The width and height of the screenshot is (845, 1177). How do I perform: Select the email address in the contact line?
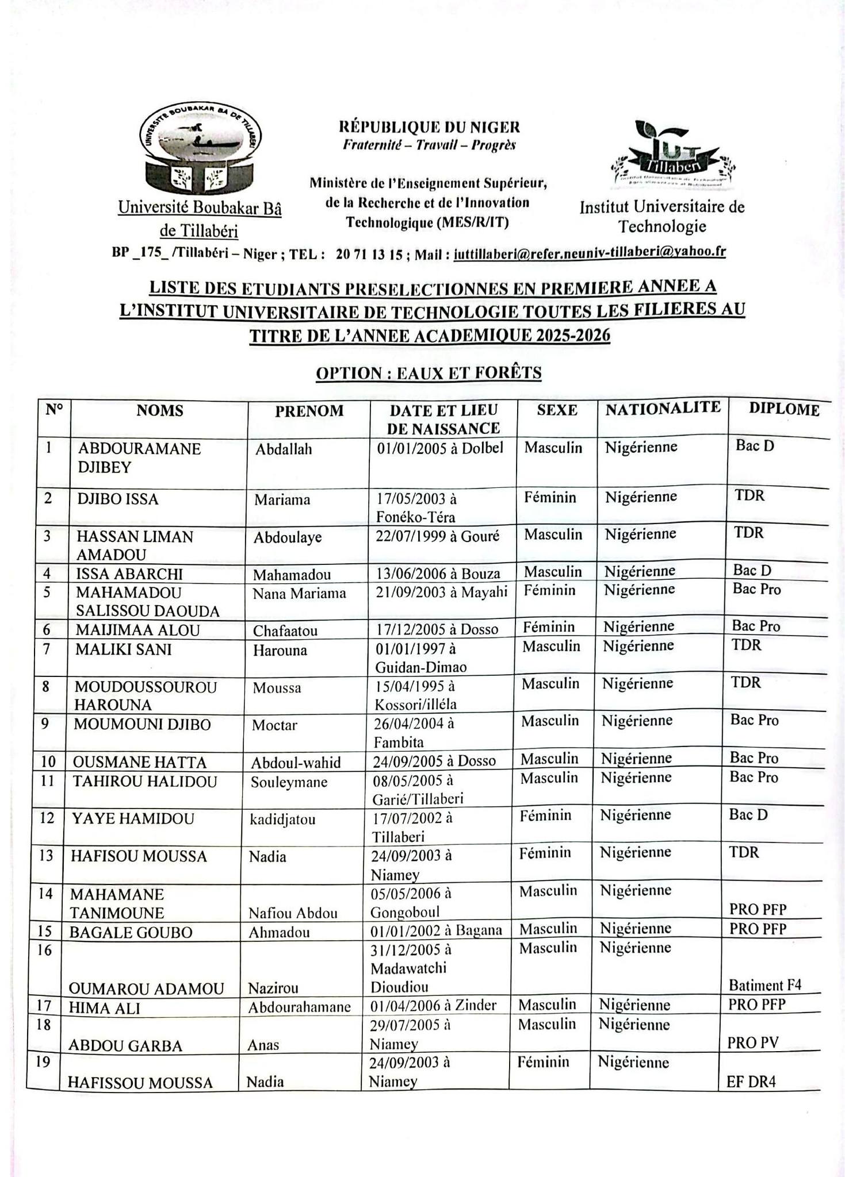click(589, 252)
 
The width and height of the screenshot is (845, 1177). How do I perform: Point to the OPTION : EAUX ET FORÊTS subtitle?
click(429, 373)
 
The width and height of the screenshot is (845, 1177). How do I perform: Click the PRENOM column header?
click(309, 411)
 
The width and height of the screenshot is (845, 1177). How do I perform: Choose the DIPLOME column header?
click(784, 409)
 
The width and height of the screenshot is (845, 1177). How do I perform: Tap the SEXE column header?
click(557, 410)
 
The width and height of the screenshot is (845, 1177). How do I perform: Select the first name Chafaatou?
click(285, 630)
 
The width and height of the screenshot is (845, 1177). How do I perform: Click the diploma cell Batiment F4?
click(764, 985)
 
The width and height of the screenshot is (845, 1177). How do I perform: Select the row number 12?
click(47, 817)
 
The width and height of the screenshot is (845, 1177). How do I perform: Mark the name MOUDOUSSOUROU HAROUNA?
click(145, 696)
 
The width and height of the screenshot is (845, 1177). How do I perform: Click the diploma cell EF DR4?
click(751, 1082)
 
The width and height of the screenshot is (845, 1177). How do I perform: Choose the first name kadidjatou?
click(282, 819)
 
